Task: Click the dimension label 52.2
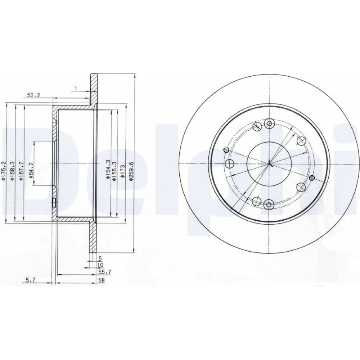tap(33, 95)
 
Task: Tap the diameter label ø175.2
tap(3, 171)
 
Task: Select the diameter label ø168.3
tap(13, 171)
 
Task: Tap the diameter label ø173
tap(122, 171)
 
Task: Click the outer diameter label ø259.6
tap(131, 171)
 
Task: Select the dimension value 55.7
tap(105, 272)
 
